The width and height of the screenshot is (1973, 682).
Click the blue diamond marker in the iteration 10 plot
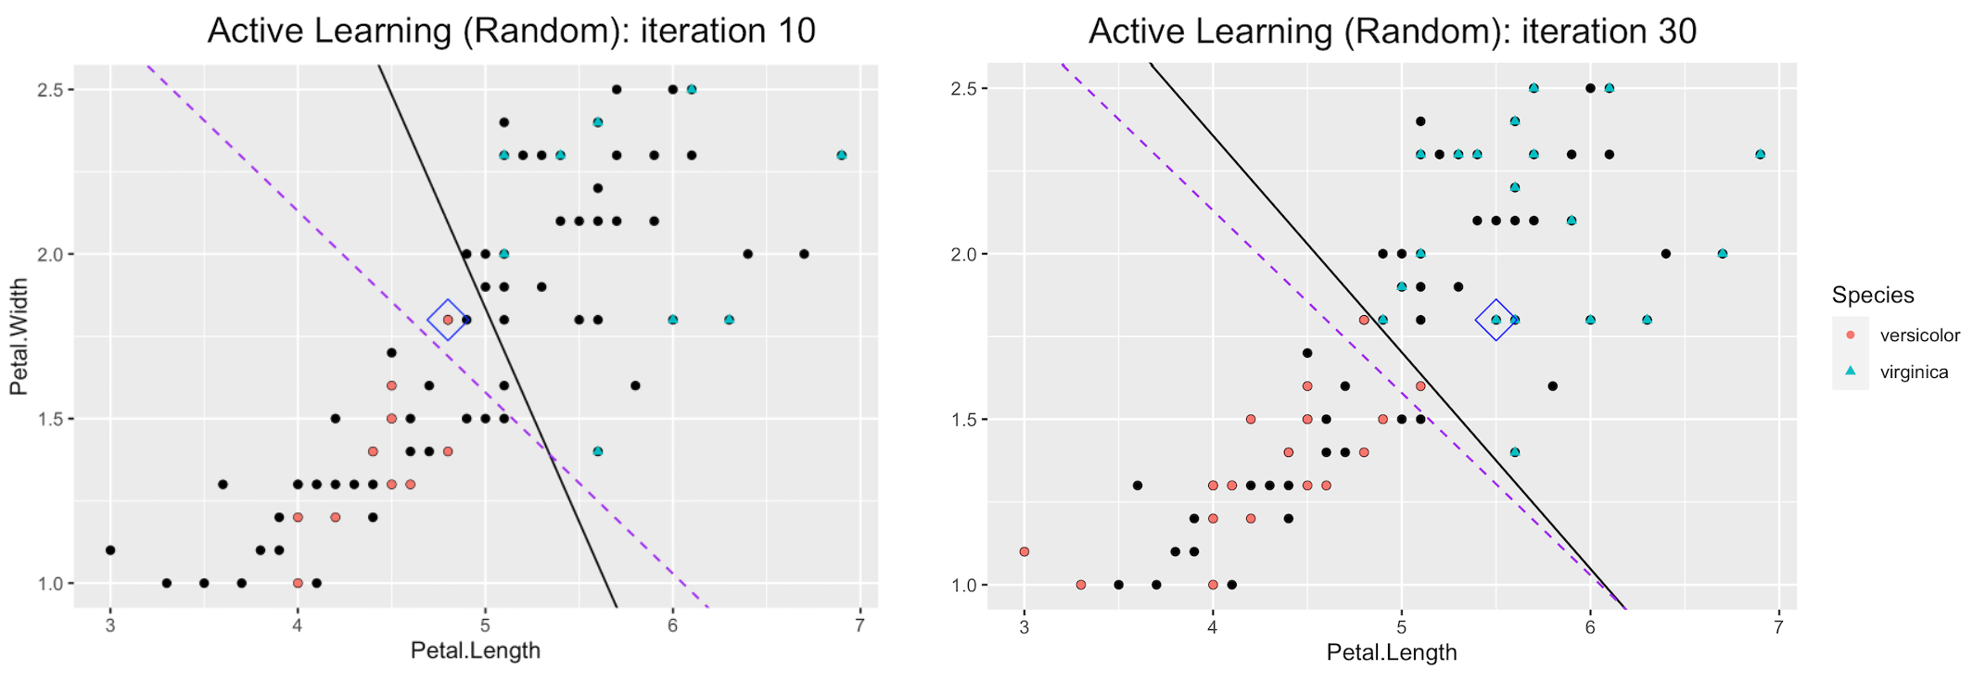[447, 320]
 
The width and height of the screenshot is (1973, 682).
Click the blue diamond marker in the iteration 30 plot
[1496, 320]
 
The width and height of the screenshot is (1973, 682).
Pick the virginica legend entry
[1914, 373]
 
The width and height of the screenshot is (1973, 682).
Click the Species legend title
[1873, 296]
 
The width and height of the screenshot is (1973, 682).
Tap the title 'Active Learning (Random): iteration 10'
[511, 31]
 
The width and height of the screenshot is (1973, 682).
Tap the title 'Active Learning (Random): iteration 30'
[1393, 31]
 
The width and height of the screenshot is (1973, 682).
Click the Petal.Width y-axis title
[19, 337]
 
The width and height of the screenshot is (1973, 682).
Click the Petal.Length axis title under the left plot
[475, 650]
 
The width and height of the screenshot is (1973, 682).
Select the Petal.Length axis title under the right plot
[1392, 652]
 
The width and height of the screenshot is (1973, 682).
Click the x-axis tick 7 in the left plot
[860, 625]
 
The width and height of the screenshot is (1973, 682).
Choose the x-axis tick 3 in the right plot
[1025, 627]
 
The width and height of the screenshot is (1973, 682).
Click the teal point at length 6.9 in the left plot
[841, 156]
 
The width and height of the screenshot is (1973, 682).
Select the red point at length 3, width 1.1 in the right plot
[1025, 551]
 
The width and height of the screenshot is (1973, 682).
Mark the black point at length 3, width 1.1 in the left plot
[110, 550]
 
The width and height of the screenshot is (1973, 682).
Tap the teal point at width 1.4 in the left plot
[598, 451]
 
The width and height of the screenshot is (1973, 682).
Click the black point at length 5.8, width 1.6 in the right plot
[1552, 386]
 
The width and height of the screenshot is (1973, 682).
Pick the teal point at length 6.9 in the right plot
[1760, 155]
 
